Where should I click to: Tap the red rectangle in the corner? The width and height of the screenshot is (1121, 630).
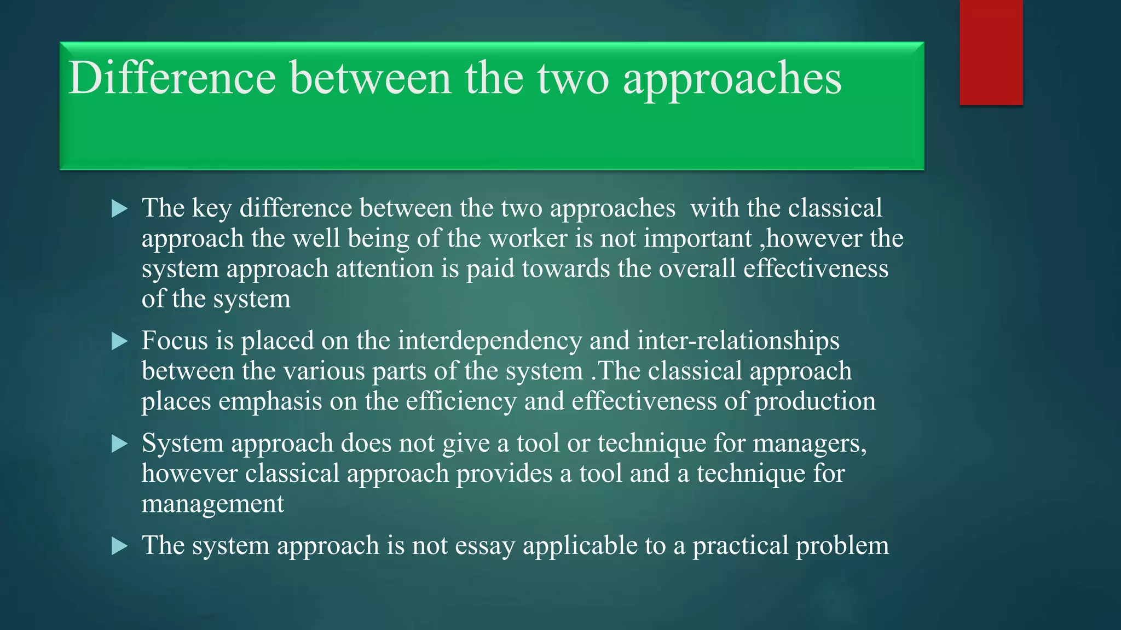991,52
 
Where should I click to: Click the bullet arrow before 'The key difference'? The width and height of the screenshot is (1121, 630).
119,208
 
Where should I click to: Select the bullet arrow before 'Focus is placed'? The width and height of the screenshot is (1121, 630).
119,341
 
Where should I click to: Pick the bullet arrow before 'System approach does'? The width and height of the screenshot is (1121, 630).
119,444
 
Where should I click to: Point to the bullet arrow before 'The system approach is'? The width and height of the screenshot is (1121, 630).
119,546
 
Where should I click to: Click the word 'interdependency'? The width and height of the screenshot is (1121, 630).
490,341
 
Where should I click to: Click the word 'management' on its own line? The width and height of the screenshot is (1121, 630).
213,504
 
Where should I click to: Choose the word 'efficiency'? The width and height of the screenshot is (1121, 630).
461,402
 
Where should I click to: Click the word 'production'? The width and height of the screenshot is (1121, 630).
815,402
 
